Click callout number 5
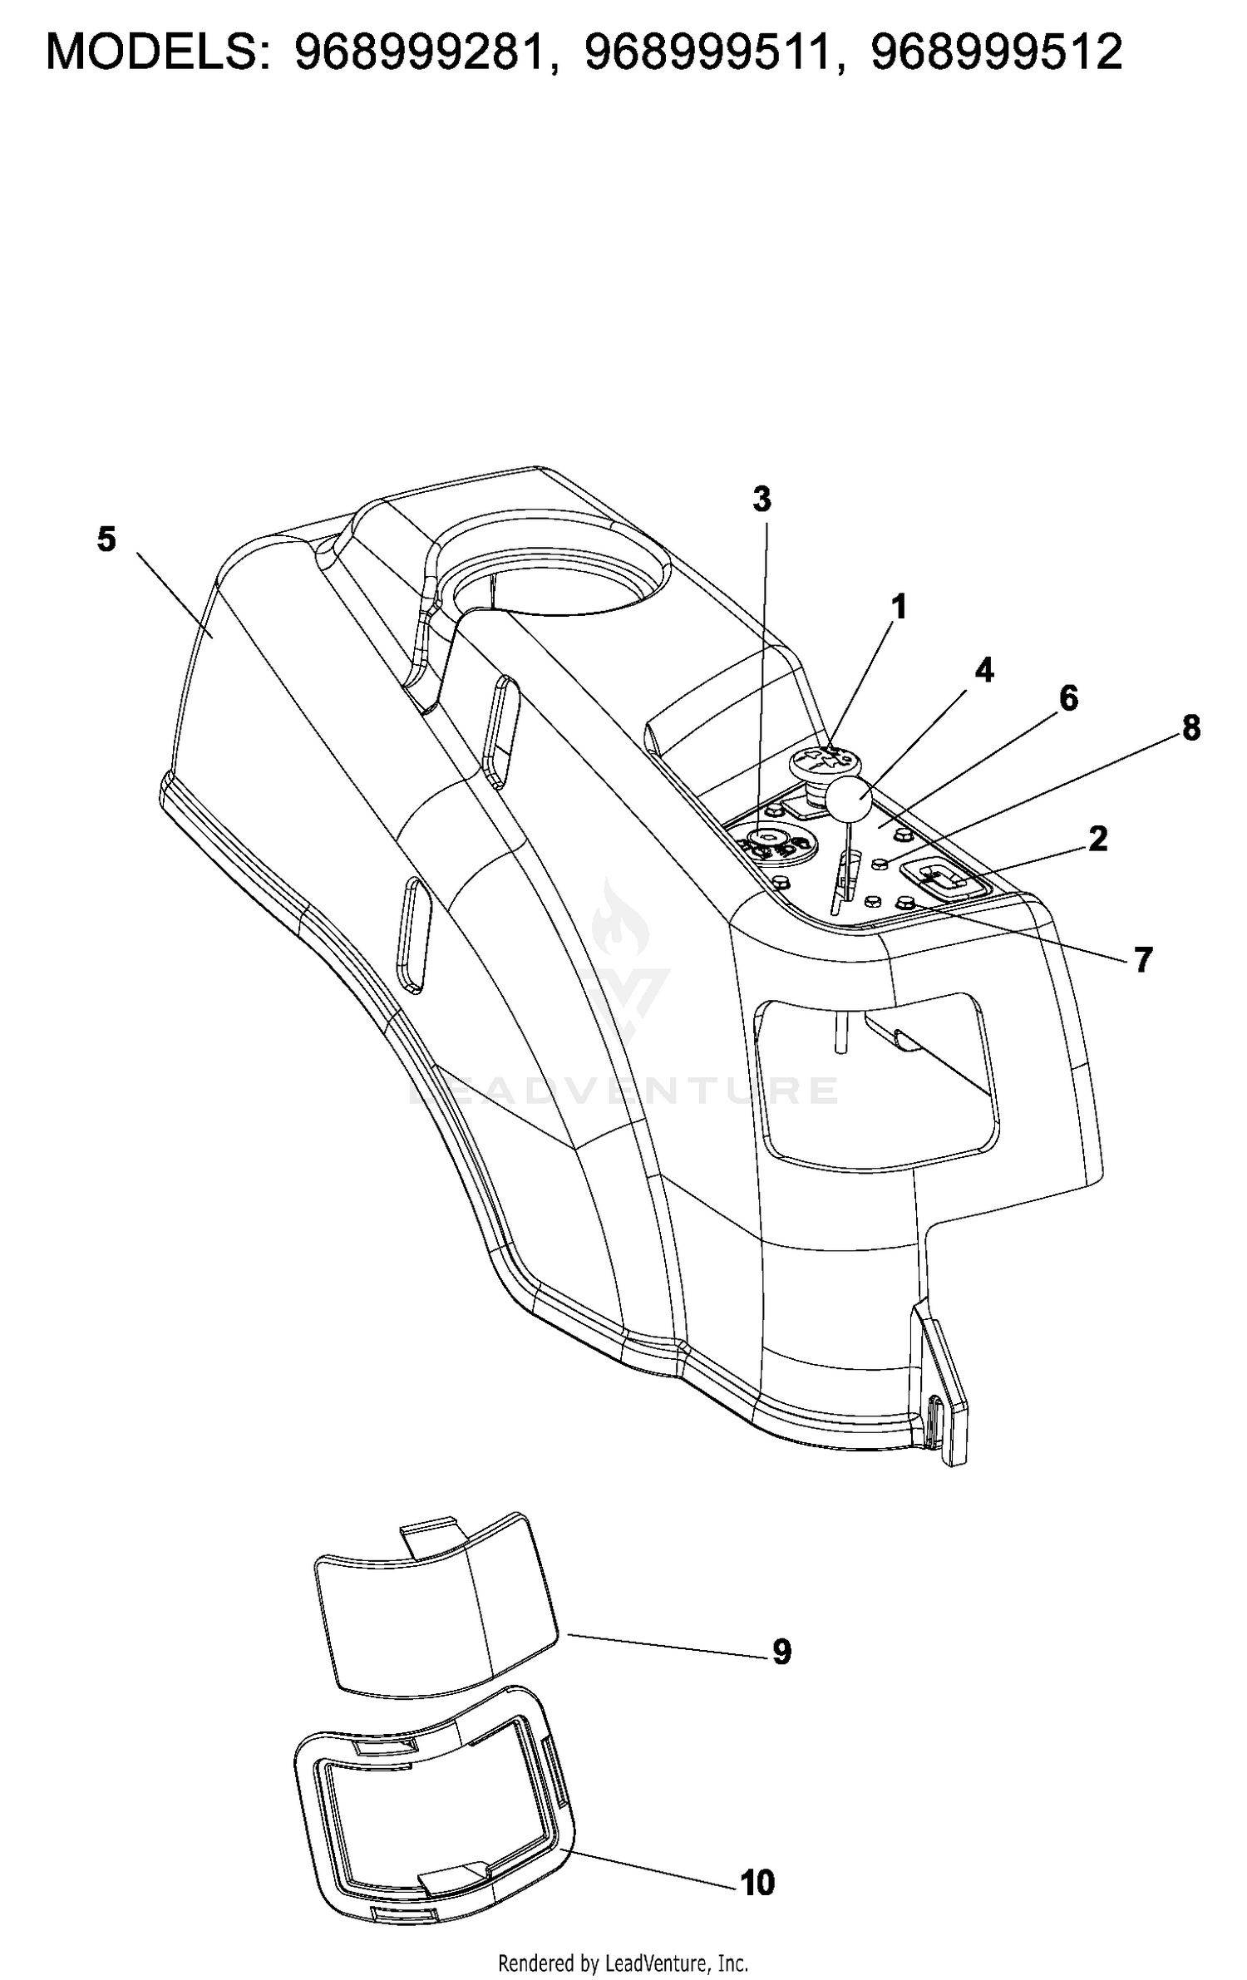[106, 539]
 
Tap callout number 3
[762, 500]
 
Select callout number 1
[898, 608]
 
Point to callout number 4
[984, 670]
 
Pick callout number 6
[1068, 698]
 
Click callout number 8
[1191, 728]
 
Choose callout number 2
[1098, 839]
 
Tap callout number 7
[1144, 960]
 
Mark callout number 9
[781, 1652]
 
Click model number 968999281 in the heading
[426, 52]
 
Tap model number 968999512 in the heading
[997, 52]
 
